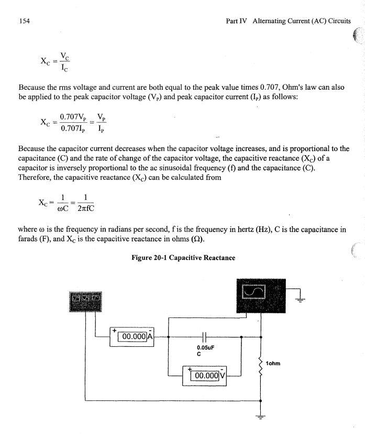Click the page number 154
tap(24, 21)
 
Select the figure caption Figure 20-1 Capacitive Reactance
tap(183, 258)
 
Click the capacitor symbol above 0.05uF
tap(204, 336)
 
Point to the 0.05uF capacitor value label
tap(204, 347)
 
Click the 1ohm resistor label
tap(273, 363)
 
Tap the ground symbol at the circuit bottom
tap(260, 418)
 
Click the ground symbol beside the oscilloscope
tap(301, 300)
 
